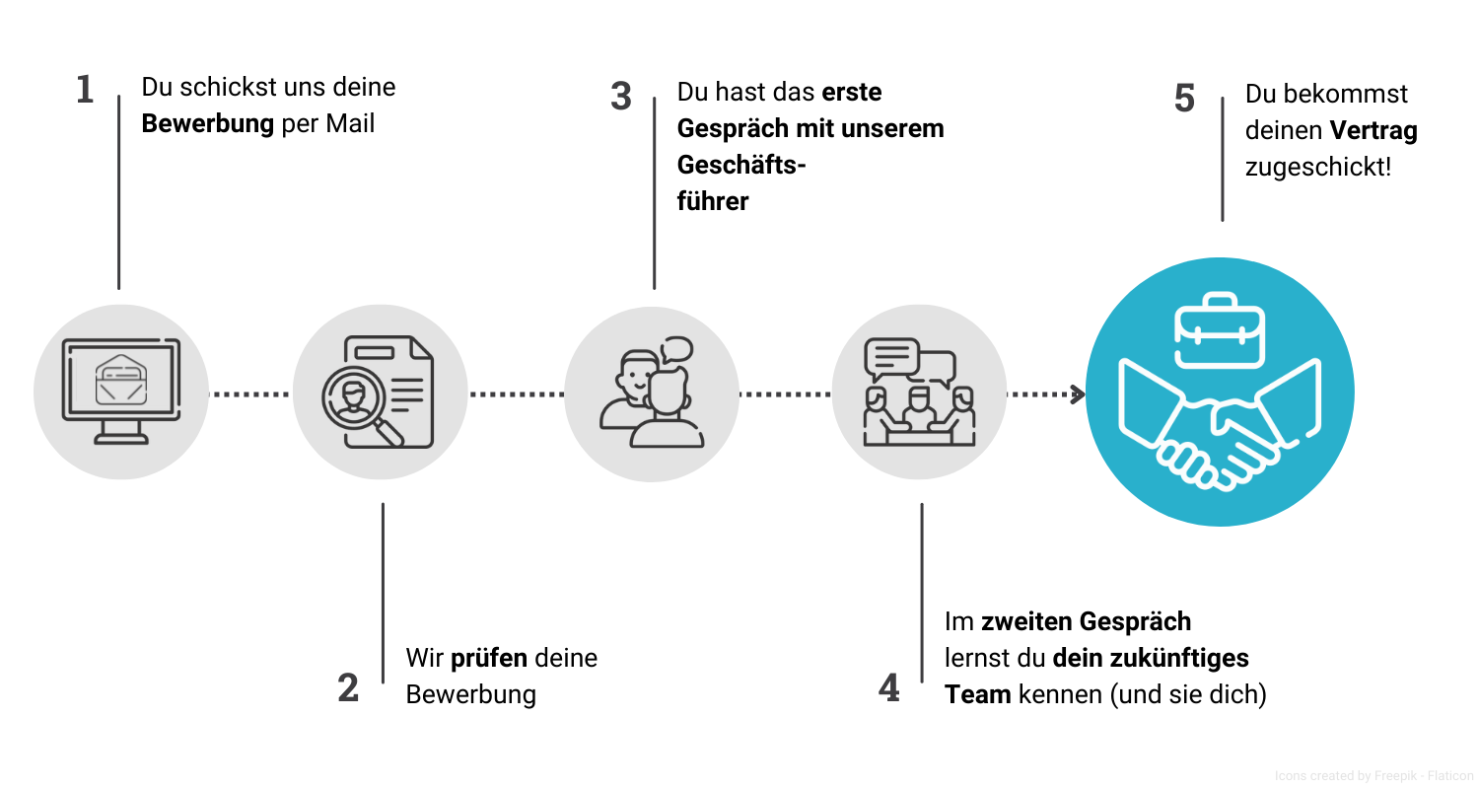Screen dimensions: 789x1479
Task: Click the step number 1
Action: (85, 90)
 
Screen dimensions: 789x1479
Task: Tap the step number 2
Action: (348, 687)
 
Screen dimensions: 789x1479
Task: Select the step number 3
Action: (620, 97)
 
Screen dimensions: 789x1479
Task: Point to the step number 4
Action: (889, 687)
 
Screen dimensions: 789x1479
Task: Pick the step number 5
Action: (1184, 99)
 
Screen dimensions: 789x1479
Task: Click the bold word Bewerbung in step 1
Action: (207, 124)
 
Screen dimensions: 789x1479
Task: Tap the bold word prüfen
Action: (490, 658)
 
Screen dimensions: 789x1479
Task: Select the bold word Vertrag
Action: (1373, 130)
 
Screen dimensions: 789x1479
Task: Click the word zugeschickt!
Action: (1318, 167)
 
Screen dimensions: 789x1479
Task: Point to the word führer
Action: (713, 201)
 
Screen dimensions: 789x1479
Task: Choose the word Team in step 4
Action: (977, 694)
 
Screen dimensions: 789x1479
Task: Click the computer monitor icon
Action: (121, 391)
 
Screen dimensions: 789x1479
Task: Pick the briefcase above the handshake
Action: (1220, 330)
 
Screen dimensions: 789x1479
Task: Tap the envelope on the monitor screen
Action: (121, 379)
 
